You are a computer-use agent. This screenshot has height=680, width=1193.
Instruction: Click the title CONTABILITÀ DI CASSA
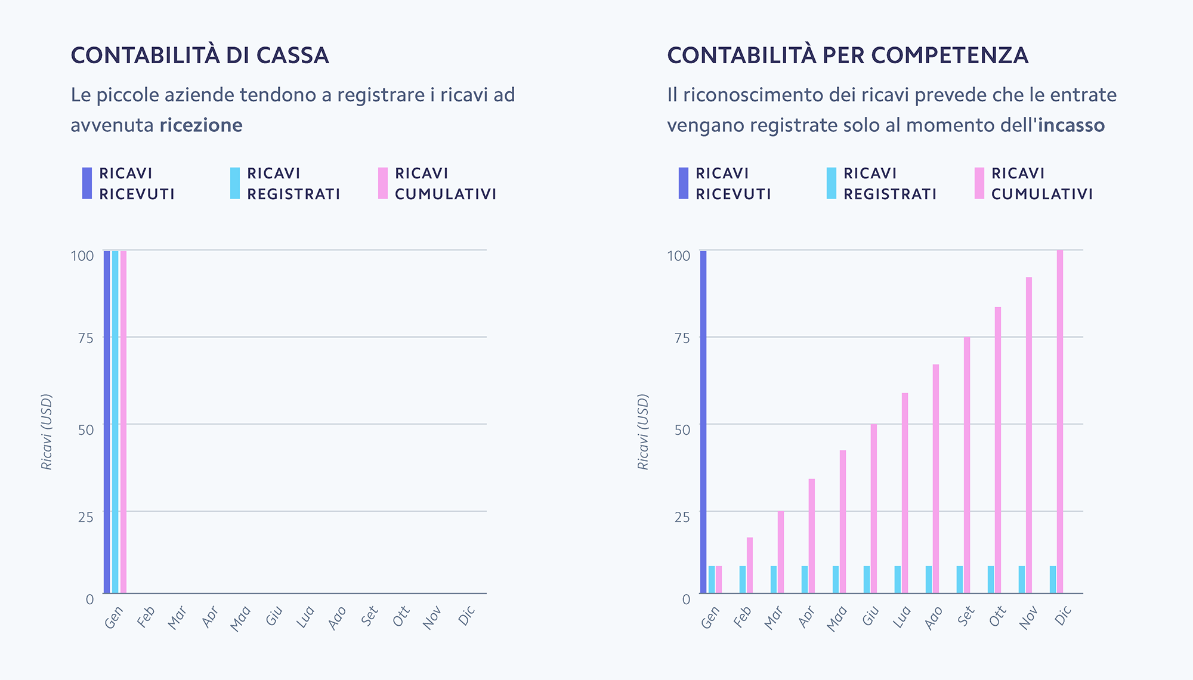pos(200,55)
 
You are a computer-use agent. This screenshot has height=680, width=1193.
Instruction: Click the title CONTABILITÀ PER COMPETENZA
pos(847,55)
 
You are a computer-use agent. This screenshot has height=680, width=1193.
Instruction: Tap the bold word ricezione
pos(201,125)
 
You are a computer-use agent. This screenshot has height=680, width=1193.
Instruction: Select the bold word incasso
pos(1071,125)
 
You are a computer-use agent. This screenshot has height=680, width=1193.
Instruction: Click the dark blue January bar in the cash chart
pos(107,422)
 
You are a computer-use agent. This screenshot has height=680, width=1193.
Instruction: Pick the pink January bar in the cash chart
pos(123,422)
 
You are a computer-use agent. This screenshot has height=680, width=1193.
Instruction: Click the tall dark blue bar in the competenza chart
pos(703,422)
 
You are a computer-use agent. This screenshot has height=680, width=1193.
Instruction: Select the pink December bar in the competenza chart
pos(1060,422)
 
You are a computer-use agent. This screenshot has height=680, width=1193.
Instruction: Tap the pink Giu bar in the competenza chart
pos(874,508)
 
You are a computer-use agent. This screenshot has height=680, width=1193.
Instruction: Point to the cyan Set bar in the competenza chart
pos(960,579)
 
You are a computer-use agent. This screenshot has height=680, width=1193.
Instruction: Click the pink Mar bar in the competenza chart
pos(781,552)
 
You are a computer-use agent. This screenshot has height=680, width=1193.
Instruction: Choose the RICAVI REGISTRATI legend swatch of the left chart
pos(235,183)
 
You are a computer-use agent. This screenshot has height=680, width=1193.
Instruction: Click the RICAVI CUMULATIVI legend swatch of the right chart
pos(979,183)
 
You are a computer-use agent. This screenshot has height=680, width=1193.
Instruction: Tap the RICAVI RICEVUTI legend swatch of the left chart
pos(87,183)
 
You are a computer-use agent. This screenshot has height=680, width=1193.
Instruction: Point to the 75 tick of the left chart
pos(86,338)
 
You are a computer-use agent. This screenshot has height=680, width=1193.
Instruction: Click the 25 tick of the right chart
pos(682,517)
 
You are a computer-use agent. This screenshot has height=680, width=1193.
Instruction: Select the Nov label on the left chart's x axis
pos(432,618)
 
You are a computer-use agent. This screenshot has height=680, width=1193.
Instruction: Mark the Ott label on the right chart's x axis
pos(997,617)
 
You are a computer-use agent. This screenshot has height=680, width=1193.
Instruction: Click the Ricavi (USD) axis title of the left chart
pos(47,431)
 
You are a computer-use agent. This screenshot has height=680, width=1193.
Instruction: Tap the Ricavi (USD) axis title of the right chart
pos(643,431)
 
